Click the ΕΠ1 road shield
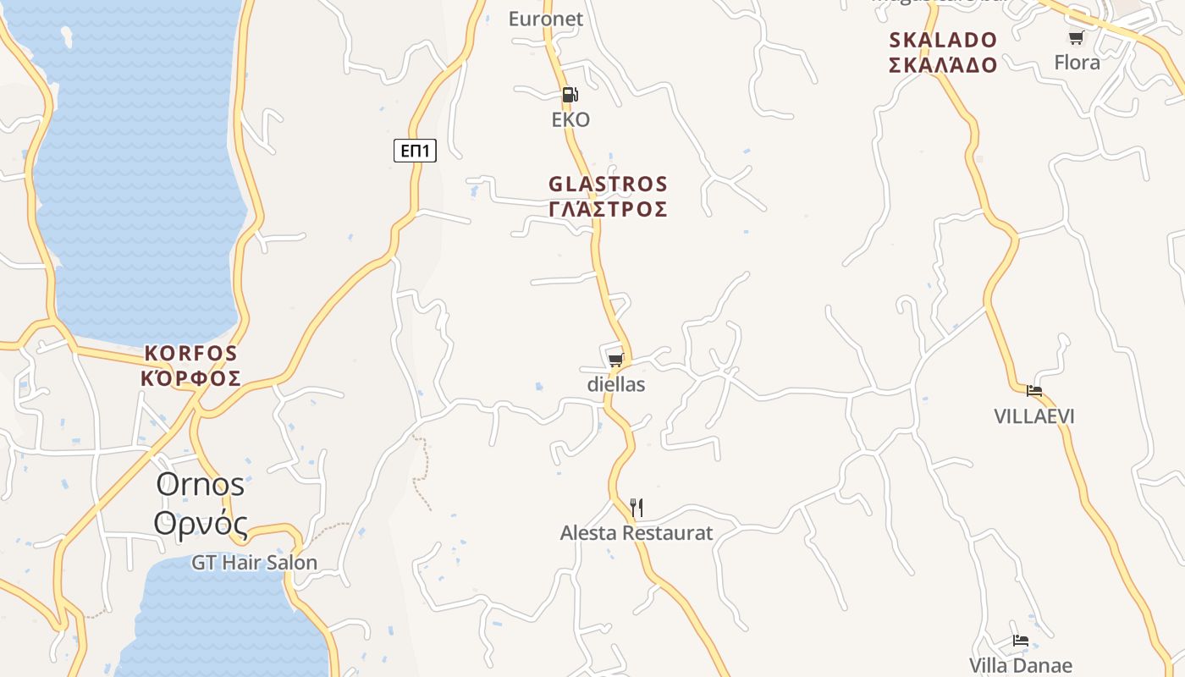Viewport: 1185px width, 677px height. (x=415, y=151)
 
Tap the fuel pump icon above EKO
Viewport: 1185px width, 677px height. (x=570, y=95)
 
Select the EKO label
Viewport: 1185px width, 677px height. (x=570, y=119)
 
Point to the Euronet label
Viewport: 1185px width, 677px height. (x=546, y=19)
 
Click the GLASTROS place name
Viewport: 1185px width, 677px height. (x=609, y=184)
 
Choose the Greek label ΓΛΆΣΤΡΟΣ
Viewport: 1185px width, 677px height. (x=609, y=209)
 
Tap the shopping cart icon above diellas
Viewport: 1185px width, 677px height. (x=616, y=361)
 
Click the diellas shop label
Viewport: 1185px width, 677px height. (x=616, y=384)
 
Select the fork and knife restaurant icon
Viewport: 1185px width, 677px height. (x=637, y=508)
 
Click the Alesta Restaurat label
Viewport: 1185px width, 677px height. (x=637, y=533)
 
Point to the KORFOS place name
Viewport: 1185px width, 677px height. (x=191, y=353)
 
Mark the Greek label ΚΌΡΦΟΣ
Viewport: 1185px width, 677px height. (x=191, y=378)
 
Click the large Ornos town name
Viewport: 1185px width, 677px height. (x=201, y=484)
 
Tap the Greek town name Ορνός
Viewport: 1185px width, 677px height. (x=201, y=524)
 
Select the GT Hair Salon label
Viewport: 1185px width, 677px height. (x=254, y=562)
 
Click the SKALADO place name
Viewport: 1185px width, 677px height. (x=943, y=40)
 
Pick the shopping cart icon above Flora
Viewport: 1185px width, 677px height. (x=1077, y=37)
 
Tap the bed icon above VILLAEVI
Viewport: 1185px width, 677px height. (x=1034, y=391)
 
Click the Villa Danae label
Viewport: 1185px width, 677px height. (x=1021, y=665)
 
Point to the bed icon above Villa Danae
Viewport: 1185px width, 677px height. (x=1021, y=641)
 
